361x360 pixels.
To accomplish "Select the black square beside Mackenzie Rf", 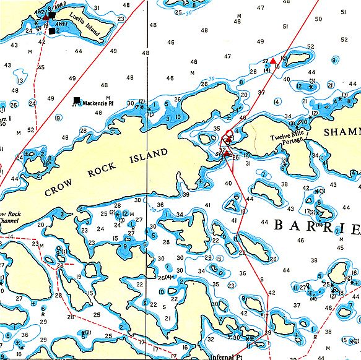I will pyautogui.click(x=76, y=100).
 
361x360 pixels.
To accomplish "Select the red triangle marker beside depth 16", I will pyautogui.click(x=273, y=60).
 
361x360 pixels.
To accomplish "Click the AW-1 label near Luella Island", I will pyautogui.click(x=61, y=24).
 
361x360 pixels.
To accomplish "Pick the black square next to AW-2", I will pyautogui.click(x=52, y=15).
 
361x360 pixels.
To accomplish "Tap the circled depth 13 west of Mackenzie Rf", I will pyautogui.click(x=20, y=80).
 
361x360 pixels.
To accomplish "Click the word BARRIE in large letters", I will pyautogui.click(x=316, y=226).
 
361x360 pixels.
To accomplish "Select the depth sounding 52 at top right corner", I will pyautogui.click(x=344, y=40).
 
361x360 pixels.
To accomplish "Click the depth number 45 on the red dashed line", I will pyautogui.click(x=41, y=67).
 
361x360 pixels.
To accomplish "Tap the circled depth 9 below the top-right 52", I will pyautogui.click(x=334, y=60).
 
